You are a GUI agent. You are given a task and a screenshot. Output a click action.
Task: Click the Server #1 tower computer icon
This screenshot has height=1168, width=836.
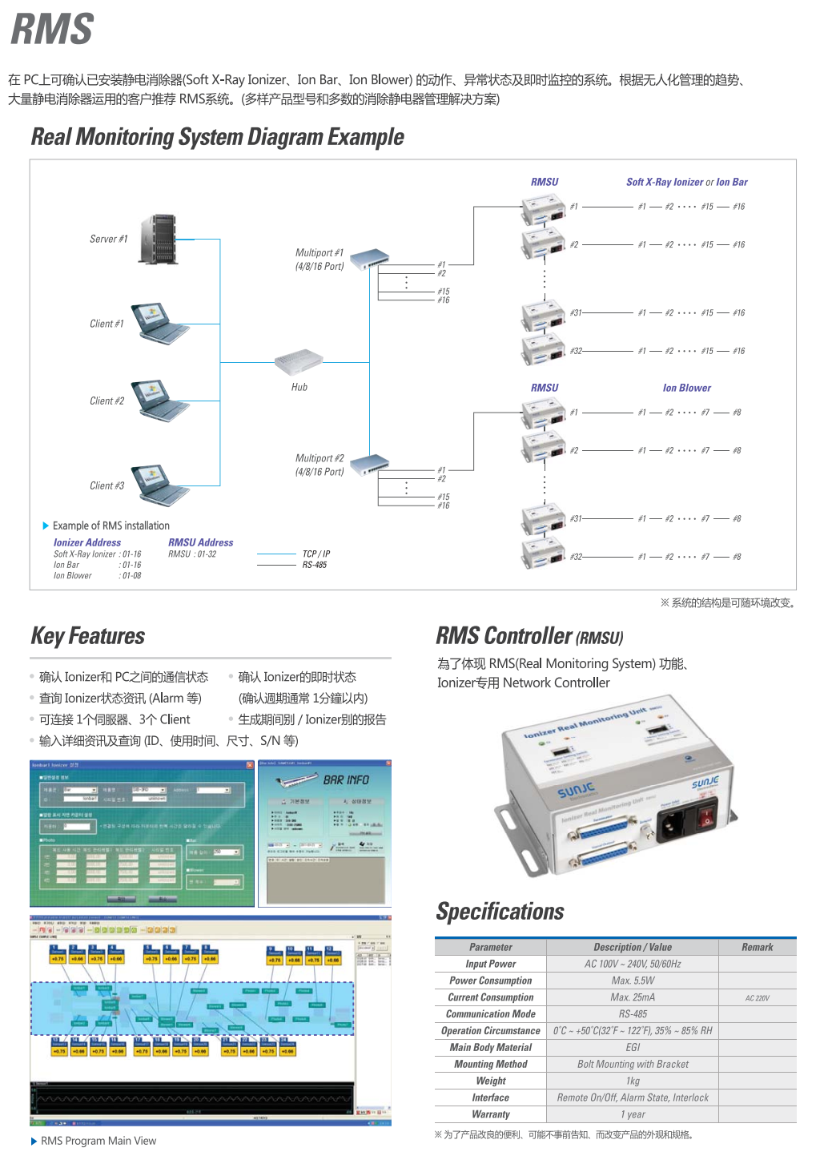point(159,239)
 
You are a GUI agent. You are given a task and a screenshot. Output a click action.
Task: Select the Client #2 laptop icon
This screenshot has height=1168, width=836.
point(160,400)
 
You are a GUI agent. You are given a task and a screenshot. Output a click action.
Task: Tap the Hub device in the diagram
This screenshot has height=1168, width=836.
point(299,361)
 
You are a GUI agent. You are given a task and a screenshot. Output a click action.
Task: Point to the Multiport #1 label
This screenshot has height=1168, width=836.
point(320,259)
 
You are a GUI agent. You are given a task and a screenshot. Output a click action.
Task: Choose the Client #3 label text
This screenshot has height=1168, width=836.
point(107,485)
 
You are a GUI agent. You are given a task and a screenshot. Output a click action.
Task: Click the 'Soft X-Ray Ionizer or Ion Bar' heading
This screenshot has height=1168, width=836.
point(686,182)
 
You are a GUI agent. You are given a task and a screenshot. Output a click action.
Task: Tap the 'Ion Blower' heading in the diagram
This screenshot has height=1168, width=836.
point(686,388)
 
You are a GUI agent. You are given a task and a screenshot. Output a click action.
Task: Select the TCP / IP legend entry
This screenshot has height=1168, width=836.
point(316,554)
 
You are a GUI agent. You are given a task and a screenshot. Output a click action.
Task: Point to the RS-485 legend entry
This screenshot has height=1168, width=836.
point(315,565)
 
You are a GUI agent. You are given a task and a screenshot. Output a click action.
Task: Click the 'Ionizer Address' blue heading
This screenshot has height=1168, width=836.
point(87,542)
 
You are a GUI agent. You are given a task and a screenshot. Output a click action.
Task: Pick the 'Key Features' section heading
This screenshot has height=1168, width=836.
point(88,636)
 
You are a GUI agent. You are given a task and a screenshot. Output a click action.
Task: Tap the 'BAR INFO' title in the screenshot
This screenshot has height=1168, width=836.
point(346,779)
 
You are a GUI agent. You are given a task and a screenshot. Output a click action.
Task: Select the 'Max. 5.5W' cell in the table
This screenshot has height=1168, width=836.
point(633,981)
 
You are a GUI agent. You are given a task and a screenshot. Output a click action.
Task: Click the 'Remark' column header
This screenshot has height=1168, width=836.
point(757,947)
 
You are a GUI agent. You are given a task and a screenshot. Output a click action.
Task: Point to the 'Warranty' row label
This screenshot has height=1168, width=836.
point(491,1114)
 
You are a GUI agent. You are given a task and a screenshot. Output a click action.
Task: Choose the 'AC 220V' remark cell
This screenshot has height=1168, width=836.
point(757,998)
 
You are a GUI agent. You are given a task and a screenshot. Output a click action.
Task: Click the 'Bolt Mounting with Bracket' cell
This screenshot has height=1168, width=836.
point(633,1064)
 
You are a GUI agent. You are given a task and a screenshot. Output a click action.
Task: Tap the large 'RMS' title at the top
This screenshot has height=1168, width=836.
point(53,30)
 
